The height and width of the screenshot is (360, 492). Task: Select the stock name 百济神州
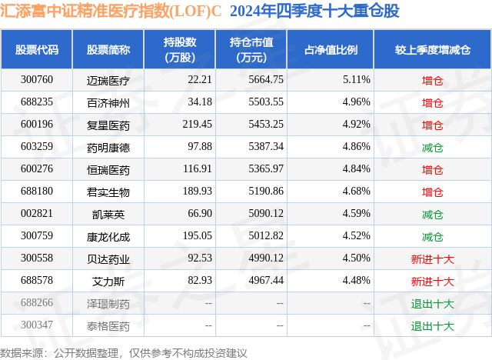coord(108,102)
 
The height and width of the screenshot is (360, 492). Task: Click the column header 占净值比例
coord(336,49)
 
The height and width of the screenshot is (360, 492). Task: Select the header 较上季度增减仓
coord(432,49)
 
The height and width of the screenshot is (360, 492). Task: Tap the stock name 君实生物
coord(108,191)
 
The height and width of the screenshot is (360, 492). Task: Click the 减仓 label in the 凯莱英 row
coord(432,213)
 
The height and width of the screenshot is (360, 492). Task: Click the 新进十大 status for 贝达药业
coord(432,258)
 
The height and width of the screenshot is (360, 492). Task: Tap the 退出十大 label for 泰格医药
coord(432,325)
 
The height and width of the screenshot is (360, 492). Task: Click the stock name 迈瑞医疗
coord(108,79)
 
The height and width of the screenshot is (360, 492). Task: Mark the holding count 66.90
coord(183,213)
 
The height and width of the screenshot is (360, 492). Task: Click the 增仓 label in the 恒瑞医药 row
coord(432,168)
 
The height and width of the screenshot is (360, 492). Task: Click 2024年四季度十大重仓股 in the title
coord(314,12)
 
